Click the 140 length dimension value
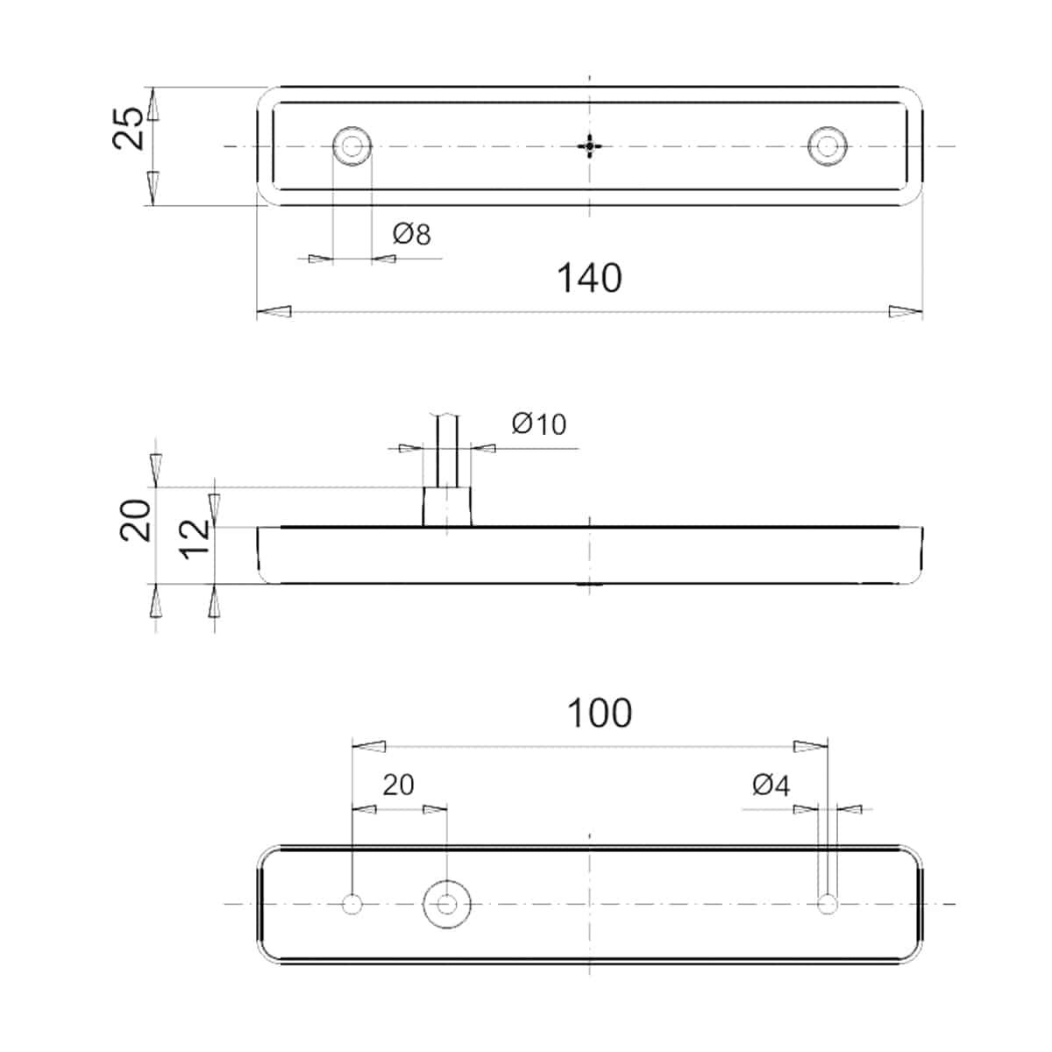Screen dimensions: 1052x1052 (589, 278)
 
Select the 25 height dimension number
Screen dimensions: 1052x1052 (128, 129)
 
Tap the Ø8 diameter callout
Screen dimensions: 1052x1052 (412, 234)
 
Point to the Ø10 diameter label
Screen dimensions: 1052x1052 (539, 424)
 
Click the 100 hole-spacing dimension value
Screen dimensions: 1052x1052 (600, 713)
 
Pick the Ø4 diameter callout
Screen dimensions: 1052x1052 (771, 785)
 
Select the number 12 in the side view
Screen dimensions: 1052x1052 (195, 539)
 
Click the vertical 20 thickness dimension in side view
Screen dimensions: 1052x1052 (135, 520)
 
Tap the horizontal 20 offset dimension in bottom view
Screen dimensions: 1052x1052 (398, 785)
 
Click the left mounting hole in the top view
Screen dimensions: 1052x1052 (352, 146)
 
